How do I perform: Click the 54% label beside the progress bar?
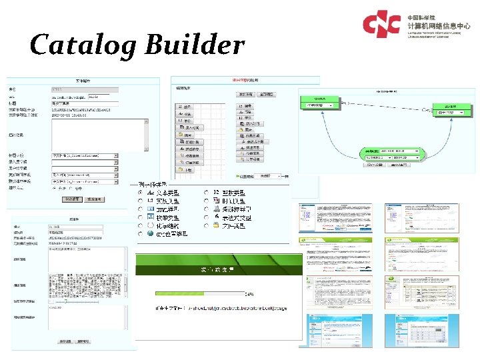click(x=249, y=293)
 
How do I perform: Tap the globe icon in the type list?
click(x=150, y=234)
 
